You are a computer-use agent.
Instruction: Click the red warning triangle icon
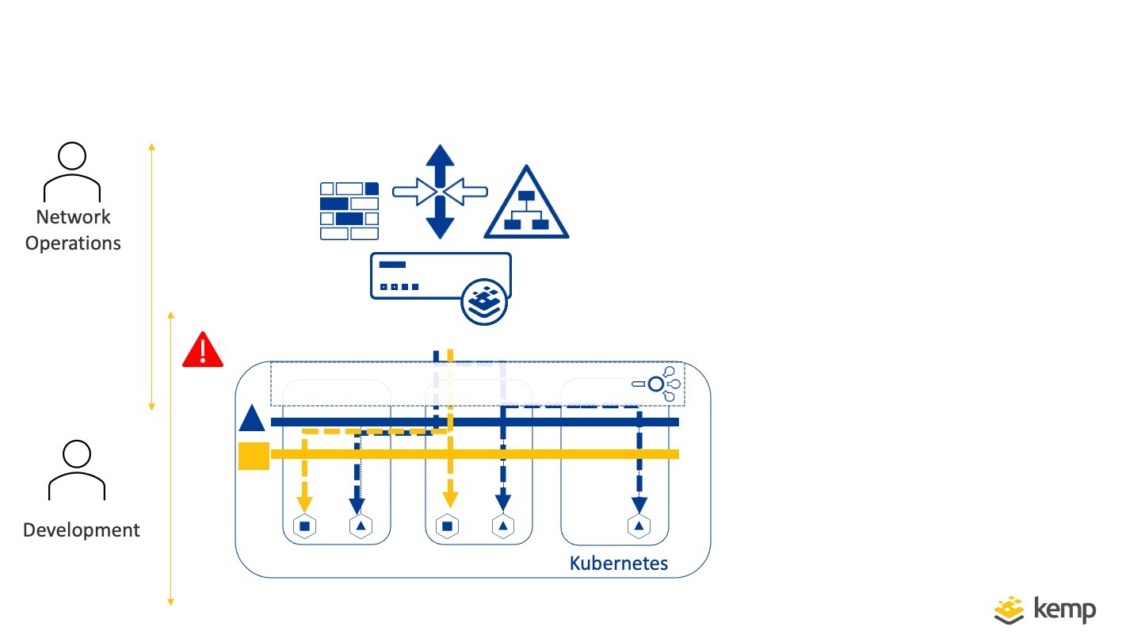tap(203, 350)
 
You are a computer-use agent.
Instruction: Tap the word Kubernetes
tap(619, 564)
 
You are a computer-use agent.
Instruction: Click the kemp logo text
tap(1066, 610)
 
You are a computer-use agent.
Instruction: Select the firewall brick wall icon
tap(349, 210)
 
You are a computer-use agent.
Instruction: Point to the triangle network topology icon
tap(527, 204)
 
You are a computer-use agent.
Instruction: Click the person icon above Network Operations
tap(72, 171)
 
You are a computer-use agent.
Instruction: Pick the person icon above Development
tap(77, 471)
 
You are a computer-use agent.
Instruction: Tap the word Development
tap(82, 530)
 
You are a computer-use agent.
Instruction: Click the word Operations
tap(73, 243)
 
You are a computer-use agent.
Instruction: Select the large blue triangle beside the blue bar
tap(252, 418)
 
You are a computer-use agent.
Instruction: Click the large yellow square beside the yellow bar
tap(254, 456)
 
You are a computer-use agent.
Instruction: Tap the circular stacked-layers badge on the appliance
tap(483, 301)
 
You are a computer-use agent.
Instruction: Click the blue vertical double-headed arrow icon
tap(440, 191)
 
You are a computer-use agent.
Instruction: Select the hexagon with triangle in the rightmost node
tap(638, 525)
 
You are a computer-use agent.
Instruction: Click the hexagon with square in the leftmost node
tap(304, 525)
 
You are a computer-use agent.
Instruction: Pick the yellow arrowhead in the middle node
tap(450, 499)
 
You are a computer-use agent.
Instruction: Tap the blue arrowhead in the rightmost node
tap(638, 504)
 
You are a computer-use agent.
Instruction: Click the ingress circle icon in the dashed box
tap(656, 384)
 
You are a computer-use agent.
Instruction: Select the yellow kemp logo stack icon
tap(1009, 609)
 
